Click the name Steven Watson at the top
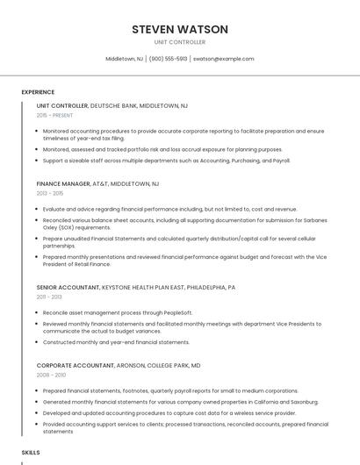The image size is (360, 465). click(180, 29)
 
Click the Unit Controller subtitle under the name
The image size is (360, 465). click(180, 42)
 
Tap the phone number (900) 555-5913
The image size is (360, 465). click(168, 59)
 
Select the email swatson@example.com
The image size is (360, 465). click(223, 59)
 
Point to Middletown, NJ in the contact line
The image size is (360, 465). click(125, 59)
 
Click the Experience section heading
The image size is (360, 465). click(38, 92)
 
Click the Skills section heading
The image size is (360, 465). click(31, 452)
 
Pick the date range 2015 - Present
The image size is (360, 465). click(54, 115)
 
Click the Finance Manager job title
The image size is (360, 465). click(63, 184)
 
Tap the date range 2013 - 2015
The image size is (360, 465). click(50, 193)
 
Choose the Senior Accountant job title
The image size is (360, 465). click(68, 287)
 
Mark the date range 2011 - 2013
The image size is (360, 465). click(49, 297)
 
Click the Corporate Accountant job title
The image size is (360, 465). click(74, 365)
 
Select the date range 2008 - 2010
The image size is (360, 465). click(51, 375)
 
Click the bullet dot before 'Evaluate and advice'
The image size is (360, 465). click(37, 210)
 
